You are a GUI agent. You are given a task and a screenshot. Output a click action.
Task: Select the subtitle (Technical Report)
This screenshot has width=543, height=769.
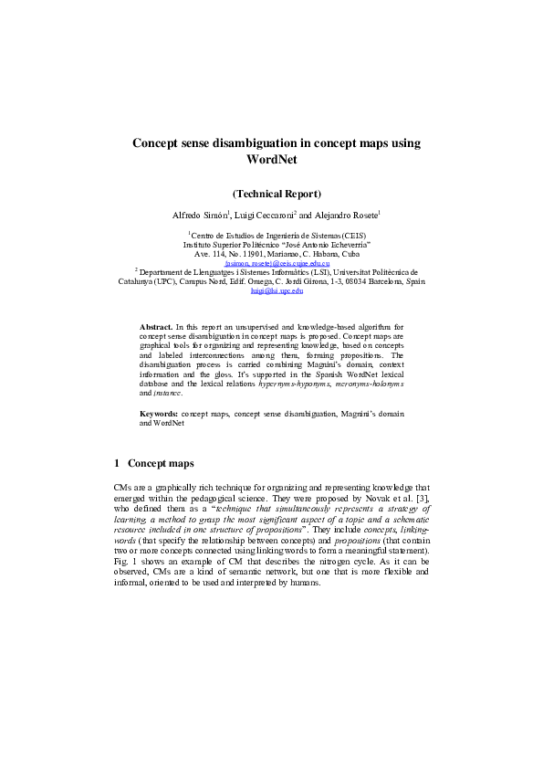[x=276, y=194]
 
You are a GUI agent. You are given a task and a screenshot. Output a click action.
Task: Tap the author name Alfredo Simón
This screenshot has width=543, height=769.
[x=201, y=215]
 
